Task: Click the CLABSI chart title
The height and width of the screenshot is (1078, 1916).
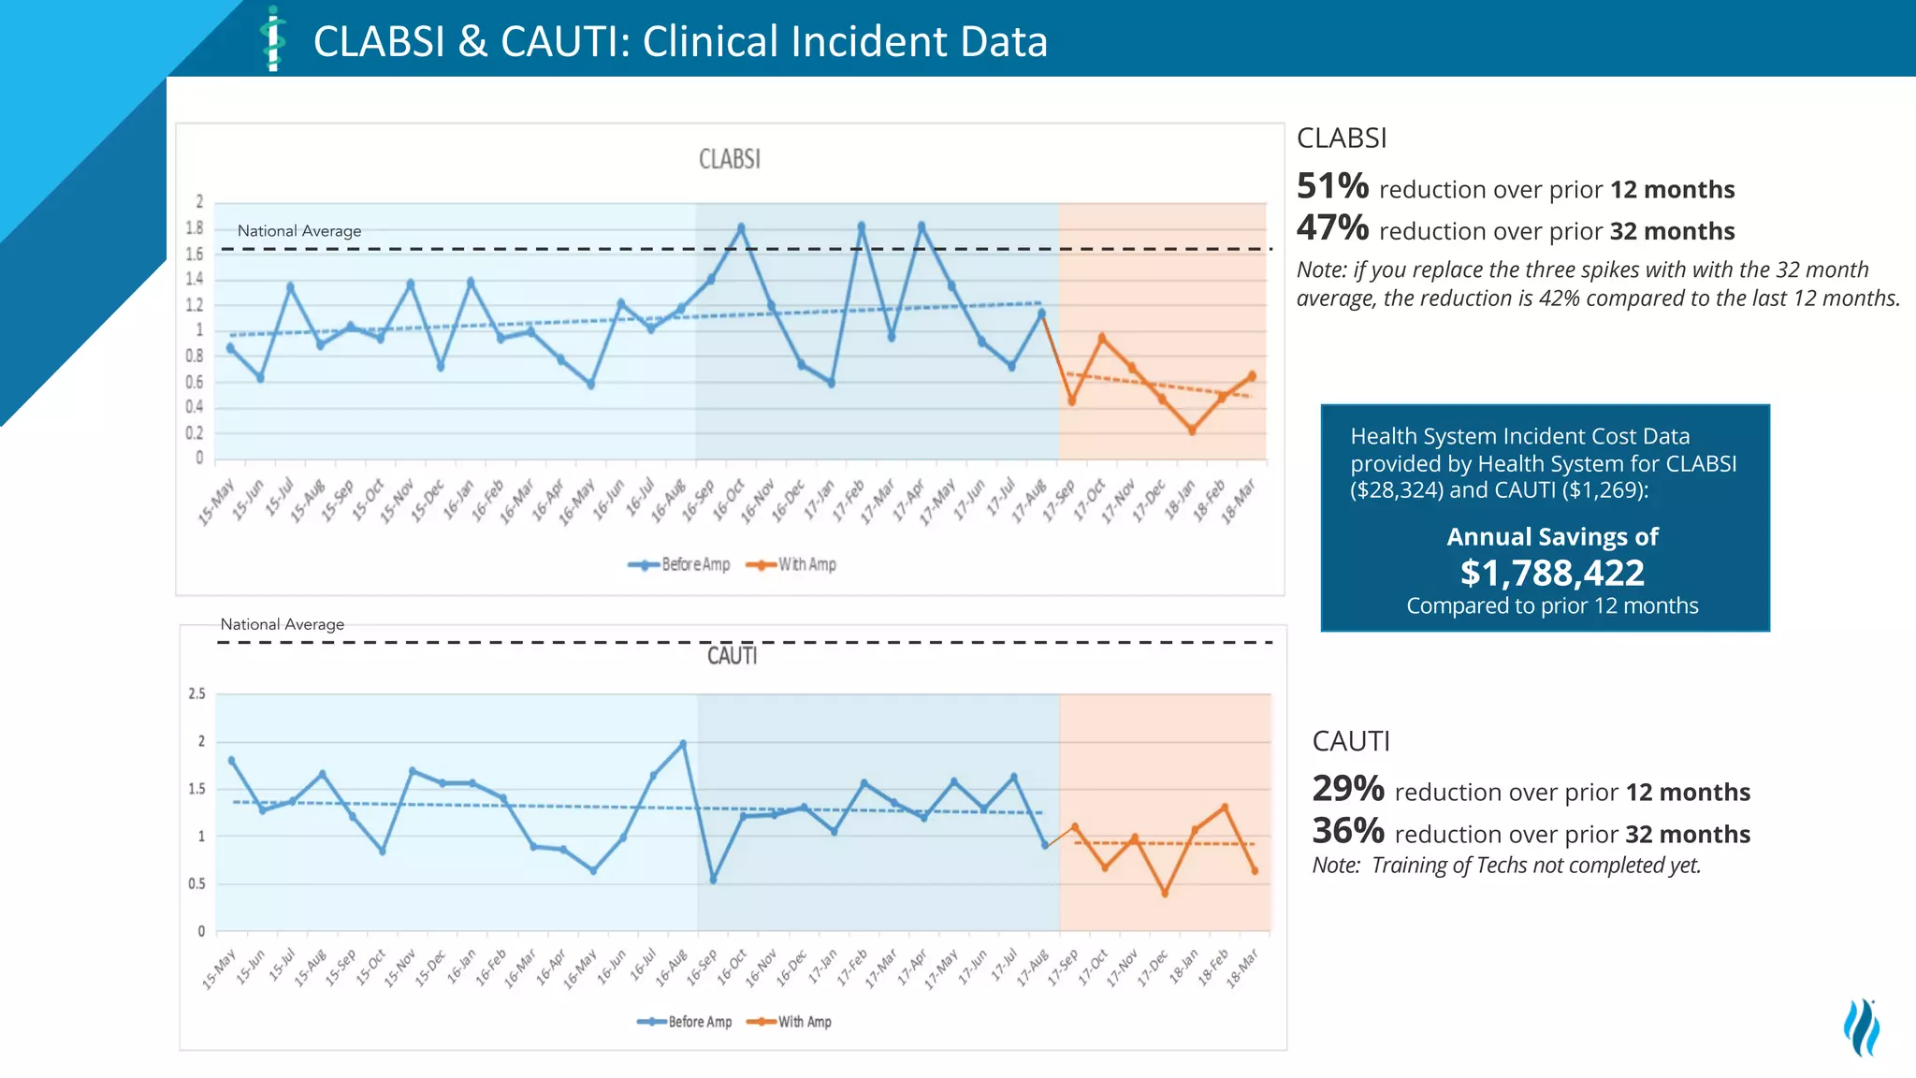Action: pos(730,159)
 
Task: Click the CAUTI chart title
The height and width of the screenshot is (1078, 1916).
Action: pos(732,656)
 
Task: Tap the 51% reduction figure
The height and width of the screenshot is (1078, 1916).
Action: pos(1332,186)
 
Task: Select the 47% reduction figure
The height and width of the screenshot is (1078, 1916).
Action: pos(1332,227)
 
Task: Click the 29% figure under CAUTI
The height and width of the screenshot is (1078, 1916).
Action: pos(1348,789)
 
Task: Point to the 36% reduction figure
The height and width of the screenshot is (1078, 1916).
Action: pos(1348,831)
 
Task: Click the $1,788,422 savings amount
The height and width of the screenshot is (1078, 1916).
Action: pos(1552,572)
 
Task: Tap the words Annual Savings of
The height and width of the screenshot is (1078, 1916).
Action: pos(1552,536)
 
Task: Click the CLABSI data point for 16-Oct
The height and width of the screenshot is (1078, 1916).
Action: pos(741,227)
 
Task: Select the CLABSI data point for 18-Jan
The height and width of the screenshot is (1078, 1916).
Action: pos(1192,430)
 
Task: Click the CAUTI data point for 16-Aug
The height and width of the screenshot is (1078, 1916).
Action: pos(683,744)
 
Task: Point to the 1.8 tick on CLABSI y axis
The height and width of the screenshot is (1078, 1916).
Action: pos(194,227)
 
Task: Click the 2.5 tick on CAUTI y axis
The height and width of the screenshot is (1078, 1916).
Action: pos(196,693)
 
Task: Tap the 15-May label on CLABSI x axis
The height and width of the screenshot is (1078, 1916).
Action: pos(216,503)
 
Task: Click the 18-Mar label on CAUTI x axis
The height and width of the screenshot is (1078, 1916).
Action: pos(1242,969)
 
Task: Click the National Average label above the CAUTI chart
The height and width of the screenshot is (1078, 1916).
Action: pos(282,624)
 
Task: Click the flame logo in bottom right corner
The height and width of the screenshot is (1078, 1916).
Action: pos(1862,1027)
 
